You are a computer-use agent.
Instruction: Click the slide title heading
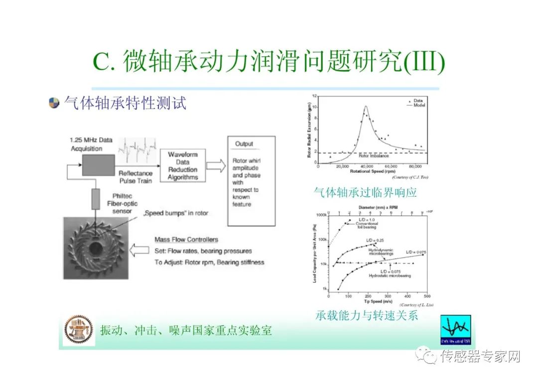pyautogui.click(x=269, y=63)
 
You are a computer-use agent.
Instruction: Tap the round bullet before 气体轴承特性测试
pyautogui.click(x=54, y=104)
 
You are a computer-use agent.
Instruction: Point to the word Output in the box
pyautogui.click(x=244, y=144)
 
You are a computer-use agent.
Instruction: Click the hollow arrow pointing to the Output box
pyautogui.click(x=216, y=166)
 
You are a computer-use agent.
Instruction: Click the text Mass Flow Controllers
pyautogui.click(x=186, y=240)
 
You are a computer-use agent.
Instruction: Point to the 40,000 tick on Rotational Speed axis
pyautogui.click(x=367, y=166)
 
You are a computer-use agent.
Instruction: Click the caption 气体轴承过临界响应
pyautogui.click(x=365, y=192)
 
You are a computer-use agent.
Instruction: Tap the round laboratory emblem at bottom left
pyautogui.click(x=79, y=330)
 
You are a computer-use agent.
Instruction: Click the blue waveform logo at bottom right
pyautogui.click(x=456, y=329)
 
